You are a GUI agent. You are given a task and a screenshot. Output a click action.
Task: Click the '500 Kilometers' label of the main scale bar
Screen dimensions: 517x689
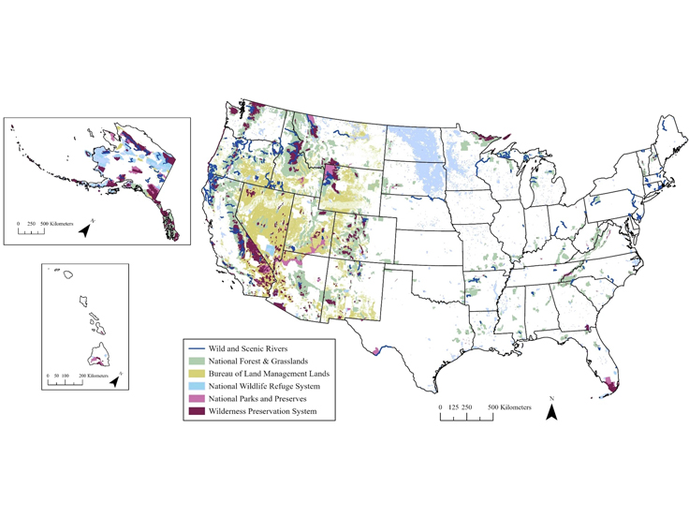click(x=505, y=408)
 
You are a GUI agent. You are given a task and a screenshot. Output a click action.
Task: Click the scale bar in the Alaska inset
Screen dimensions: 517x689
click(x=32, y=231)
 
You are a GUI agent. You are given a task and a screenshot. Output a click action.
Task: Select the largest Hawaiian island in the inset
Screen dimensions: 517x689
click(x=97, y=356)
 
